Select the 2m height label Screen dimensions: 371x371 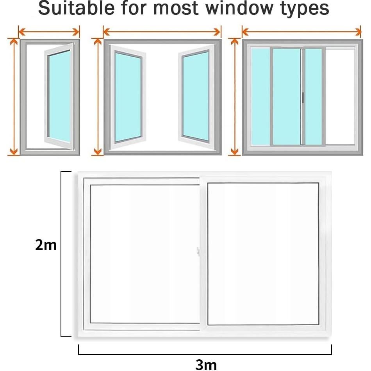(46, 245)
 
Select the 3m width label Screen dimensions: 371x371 (206, 364)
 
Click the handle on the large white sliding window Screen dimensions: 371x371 (199, 252)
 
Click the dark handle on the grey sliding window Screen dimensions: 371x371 (303, 98)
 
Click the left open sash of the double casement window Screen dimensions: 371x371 (128, 97)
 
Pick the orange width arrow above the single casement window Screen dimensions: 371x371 (49, 32)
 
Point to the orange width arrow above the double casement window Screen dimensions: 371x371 (162, 32)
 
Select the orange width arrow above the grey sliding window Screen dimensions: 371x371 (301, 32)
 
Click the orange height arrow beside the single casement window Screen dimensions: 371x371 (14, 97)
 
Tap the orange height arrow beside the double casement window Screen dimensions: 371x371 (97, 97)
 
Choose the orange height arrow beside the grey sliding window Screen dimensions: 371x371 (235, 97)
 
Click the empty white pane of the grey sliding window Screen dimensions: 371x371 (340, 96)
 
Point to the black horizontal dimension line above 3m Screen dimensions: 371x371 (205, 354)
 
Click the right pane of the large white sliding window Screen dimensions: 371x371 (263, 254)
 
